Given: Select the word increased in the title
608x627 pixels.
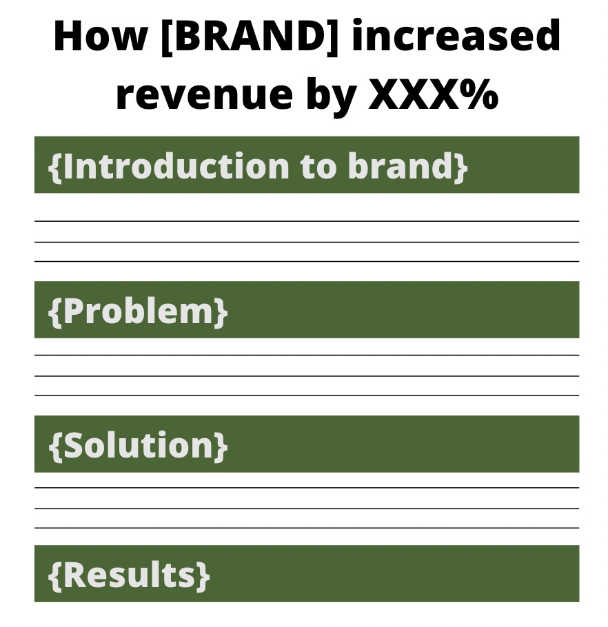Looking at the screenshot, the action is click(455, 35).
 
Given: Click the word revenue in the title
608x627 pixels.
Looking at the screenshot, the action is click(205, 95).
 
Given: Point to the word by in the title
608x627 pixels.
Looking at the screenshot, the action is click(331, 96).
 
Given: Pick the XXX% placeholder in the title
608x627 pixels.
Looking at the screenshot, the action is click(433, 94).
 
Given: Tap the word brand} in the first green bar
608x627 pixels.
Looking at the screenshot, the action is click(407, 166).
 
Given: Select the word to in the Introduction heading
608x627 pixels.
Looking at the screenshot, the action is click(318, 167).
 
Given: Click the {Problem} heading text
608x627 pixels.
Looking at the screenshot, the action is click(138, 311).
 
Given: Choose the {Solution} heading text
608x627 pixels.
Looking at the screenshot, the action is click(138, 444).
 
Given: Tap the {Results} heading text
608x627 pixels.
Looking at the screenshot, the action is click(129, 575).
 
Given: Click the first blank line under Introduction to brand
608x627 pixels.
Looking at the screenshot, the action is click(307, 220).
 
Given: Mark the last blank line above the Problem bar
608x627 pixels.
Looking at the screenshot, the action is click(307, 261).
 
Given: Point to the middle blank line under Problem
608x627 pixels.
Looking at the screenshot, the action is click(307, 376).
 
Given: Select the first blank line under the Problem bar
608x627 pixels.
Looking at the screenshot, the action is click(307, 355).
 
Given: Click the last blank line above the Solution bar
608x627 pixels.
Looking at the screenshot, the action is click(307, 395).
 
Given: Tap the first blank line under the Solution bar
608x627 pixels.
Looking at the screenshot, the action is click(307, 487).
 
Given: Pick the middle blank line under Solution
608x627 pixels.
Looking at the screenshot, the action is click(307, 508).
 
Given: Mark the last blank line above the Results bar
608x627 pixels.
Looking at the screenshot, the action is click(307, 528).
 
